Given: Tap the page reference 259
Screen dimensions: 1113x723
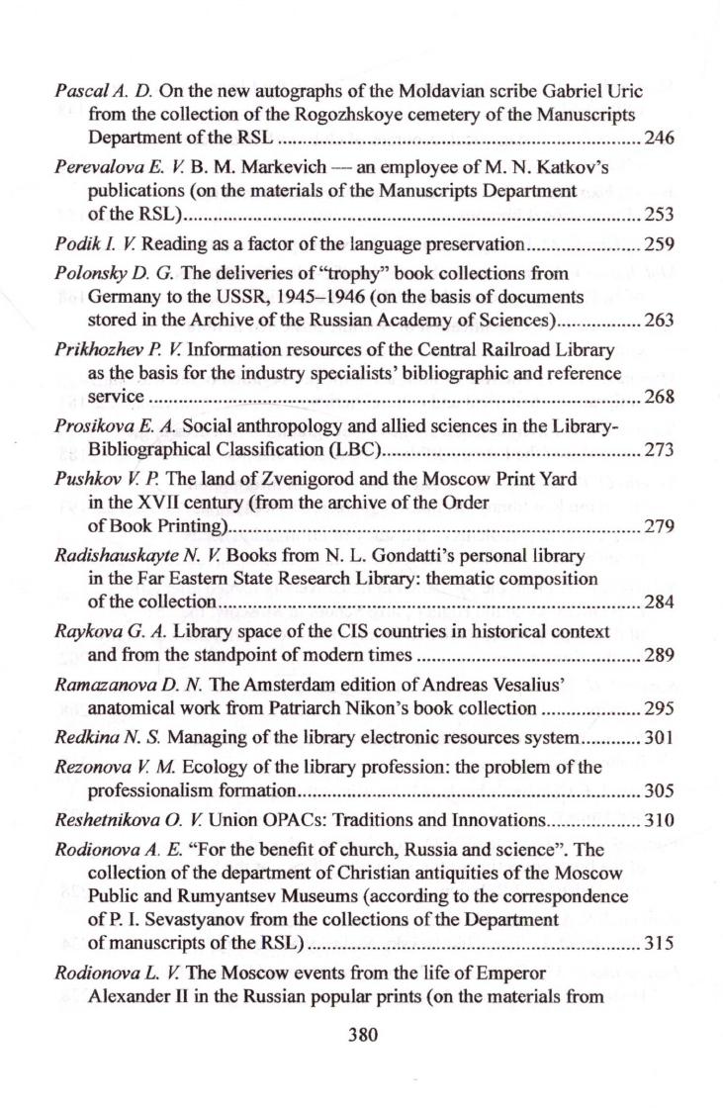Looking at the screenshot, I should coord(659,242).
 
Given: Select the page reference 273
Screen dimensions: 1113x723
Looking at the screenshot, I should coord(659,450).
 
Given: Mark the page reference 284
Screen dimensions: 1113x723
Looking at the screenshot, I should coord(659,601).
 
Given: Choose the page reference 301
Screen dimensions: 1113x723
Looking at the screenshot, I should coord(659,737).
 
